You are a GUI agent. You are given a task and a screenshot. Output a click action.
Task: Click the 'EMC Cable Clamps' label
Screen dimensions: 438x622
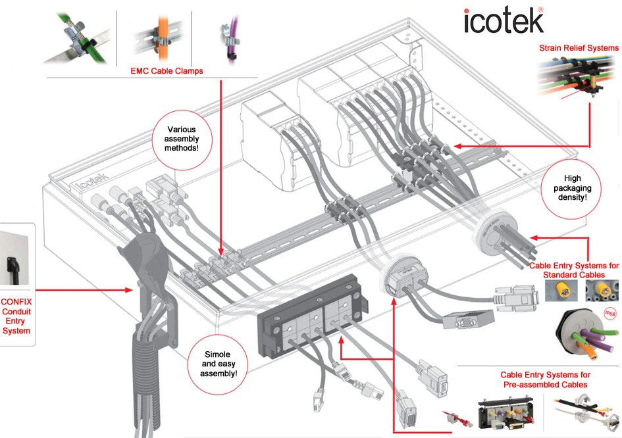click(x=167, y=70)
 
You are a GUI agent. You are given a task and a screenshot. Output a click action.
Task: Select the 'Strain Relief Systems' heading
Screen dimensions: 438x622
click(x=579, y=48)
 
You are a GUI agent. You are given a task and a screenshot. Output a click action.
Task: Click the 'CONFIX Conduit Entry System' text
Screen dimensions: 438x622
click(x=17, y=316)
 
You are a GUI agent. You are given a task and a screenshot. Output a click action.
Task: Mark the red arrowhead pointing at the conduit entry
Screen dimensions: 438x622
click(x=129, y=289)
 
